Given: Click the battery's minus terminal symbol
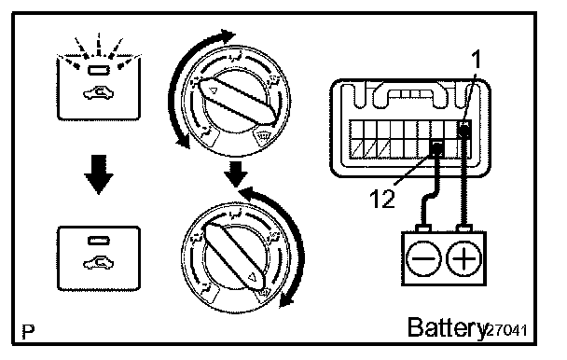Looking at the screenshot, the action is (423, 258).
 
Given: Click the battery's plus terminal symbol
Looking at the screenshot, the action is (464, 258).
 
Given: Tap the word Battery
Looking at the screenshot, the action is (447, 328).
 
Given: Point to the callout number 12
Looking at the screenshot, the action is (382, 199).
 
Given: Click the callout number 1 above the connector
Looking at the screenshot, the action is (477, 60).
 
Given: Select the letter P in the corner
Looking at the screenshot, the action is (29, 331).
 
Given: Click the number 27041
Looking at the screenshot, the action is (507, 330).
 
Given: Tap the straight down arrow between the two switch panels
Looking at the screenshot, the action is (99, 174).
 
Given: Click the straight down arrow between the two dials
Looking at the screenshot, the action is (236, 173).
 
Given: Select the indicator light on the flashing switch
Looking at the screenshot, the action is (99, 70).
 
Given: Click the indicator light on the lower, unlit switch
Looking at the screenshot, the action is (99, 241).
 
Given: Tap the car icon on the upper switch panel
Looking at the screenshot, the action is (98, 93).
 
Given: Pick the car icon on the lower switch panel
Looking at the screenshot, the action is (98, 263).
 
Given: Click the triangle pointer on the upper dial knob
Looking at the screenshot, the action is (214, 90).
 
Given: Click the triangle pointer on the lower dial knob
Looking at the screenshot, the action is (252, 278).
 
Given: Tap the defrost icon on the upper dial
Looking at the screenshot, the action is (262, 136).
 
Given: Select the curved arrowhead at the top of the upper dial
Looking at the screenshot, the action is (228, 36).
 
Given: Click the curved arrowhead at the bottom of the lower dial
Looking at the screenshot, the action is (286, 300).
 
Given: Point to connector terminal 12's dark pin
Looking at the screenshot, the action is (436, 148).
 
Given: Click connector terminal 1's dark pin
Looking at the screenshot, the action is (464, 129).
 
